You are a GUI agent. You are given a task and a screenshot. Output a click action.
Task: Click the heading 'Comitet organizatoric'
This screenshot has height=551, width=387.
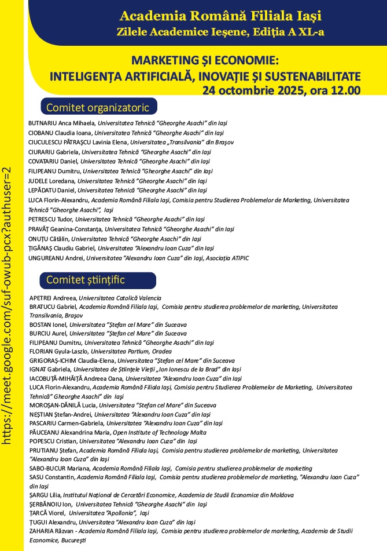(x=98, y=107)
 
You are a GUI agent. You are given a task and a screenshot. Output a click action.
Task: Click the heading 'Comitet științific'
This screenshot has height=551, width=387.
(x=86, y=280)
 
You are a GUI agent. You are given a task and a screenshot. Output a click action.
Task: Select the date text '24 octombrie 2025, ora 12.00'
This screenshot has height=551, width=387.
(x=281, y=90)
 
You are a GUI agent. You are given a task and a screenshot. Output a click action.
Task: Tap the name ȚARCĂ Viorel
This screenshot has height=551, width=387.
(x=47, y=513)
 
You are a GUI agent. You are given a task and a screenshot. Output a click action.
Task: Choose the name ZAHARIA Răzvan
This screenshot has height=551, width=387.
(x=53, y=531)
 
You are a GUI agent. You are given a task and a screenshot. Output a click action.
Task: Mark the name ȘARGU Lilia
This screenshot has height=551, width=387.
(x=46, y=495)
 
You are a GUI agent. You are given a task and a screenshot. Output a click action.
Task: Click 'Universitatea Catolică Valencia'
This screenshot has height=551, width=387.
(x=124, y=297)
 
